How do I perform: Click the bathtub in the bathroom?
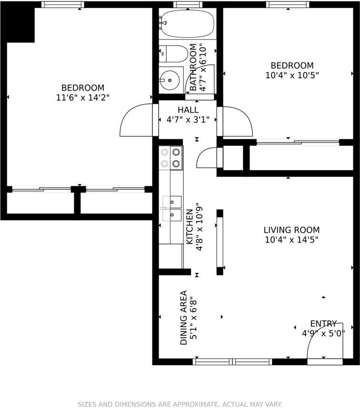click(x=187, y=24)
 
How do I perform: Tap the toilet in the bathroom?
click(x=173, y=54)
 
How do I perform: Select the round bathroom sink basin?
click(x=170, y=80)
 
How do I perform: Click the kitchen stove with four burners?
click(x=171, y=158)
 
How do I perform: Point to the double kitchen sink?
click(x=172, y=208)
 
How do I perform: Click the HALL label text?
click(x=188, y=110)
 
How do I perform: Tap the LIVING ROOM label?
click(x=291, y=230)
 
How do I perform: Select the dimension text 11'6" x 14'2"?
click(x=83, y=98)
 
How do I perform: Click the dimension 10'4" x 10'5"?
click(x=292, y=75)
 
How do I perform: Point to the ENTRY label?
click(x=324, y=324)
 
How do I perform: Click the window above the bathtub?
click(x=188, y=4)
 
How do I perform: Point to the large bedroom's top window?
click(x=63, y=4)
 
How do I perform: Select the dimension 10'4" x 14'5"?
click(x=291, y=240)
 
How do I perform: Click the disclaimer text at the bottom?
click(x=180, y=404)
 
